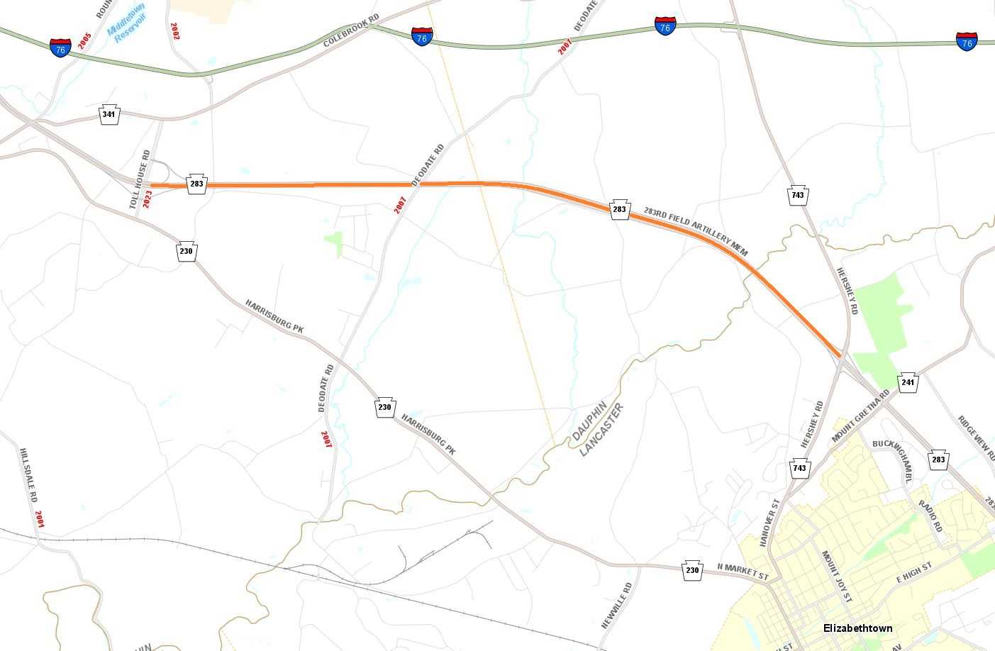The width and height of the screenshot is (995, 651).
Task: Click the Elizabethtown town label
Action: tap(857, 628)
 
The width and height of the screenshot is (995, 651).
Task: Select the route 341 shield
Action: tap(109, 114)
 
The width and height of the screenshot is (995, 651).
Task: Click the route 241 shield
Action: tap(908, 383)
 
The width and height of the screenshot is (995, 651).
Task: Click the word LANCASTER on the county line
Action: tap(601, 429)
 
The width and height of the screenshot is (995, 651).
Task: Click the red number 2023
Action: tap(148, 198)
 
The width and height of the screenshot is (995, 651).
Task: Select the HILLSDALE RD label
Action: tap(28, 474)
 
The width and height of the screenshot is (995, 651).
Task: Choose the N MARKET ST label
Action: tap(743, 572)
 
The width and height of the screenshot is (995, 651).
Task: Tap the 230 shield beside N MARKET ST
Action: tap(693, 570)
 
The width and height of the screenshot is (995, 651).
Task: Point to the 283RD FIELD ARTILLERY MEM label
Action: tap(696, 230)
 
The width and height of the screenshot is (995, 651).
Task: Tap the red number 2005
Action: tap(85, 41)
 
